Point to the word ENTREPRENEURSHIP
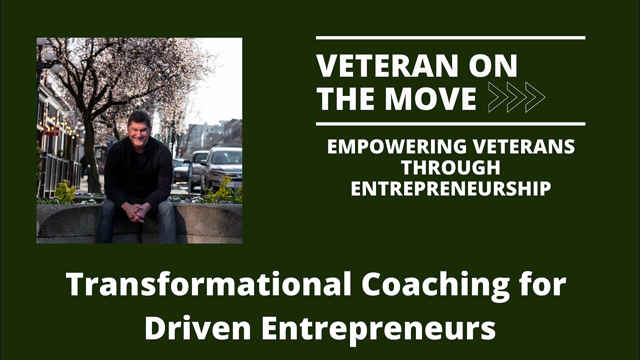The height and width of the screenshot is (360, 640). click(x=451, y=188)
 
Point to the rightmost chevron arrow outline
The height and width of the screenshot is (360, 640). click(x=535, y=97)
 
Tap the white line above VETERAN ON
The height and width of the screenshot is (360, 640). click(x=450, y=37)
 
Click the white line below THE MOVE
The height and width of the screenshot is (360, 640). click(x=450, y=124)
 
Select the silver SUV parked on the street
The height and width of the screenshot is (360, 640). click(x=221, y=168)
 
